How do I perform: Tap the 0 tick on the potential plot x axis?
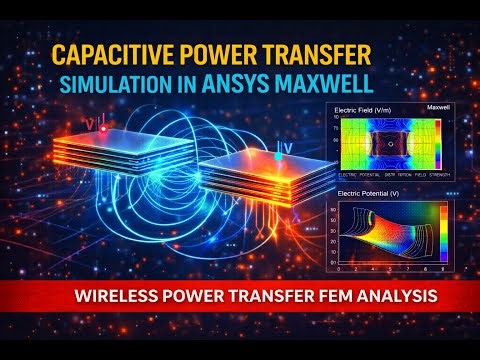(339, 269)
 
